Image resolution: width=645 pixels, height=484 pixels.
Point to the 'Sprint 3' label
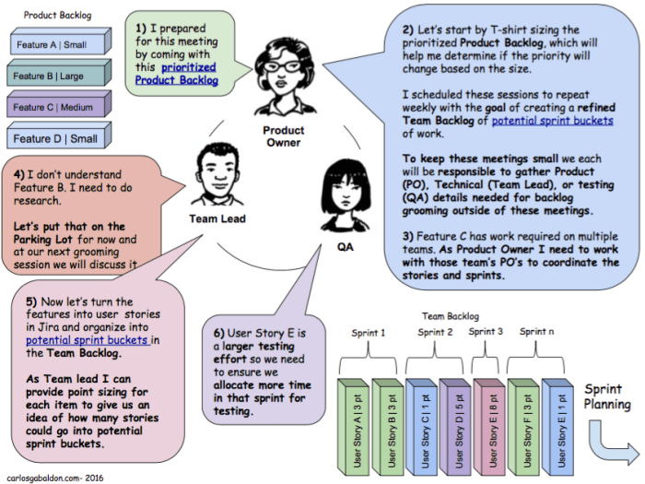(487, 331)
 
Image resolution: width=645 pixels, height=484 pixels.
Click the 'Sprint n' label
(537, 331)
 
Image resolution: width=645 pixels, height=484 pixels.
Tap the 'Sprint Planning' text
(607, 396)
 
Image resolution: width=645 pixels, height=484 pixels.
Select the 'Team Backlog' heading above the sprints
(451, 315)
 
